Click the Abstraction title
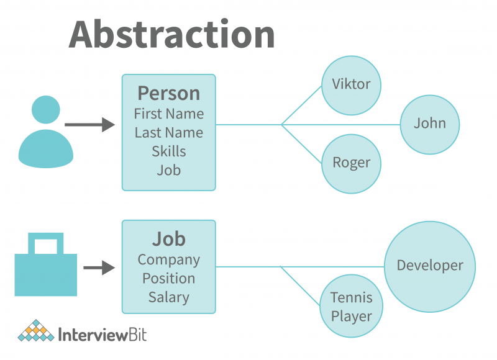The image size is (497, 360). [171, 34]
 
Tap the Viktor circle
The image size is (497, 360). [351, 85]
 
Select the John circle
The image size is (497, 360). [430, 124]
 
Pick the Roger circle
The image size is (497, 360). [351, 163]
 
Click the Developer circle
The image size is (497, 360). [430, 266]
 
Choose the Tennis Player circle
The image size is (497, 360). [351, 307]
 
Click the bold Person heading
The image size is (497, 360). [168, 93]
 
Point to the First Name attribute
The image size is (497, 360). [168, 114]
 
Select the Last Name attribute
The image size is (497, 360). [168, 133]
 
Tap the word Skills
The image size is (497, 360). [168, 151]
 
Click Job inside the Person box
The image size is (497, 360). [168, 169]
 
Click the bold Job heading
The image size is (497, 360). [168, 239]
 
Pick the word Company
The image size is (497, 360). [168, 260]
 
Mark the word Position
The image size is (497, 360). [168, 279]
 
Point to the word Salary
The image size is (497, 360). [168, 297]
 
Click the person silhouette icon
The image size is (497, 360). [45, 132]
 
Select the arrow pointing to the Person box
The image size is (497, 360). [89, 125]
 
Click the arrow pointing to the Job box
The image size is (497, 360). [99, 268]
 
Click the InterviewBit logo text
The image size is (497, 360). [103, 335]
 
